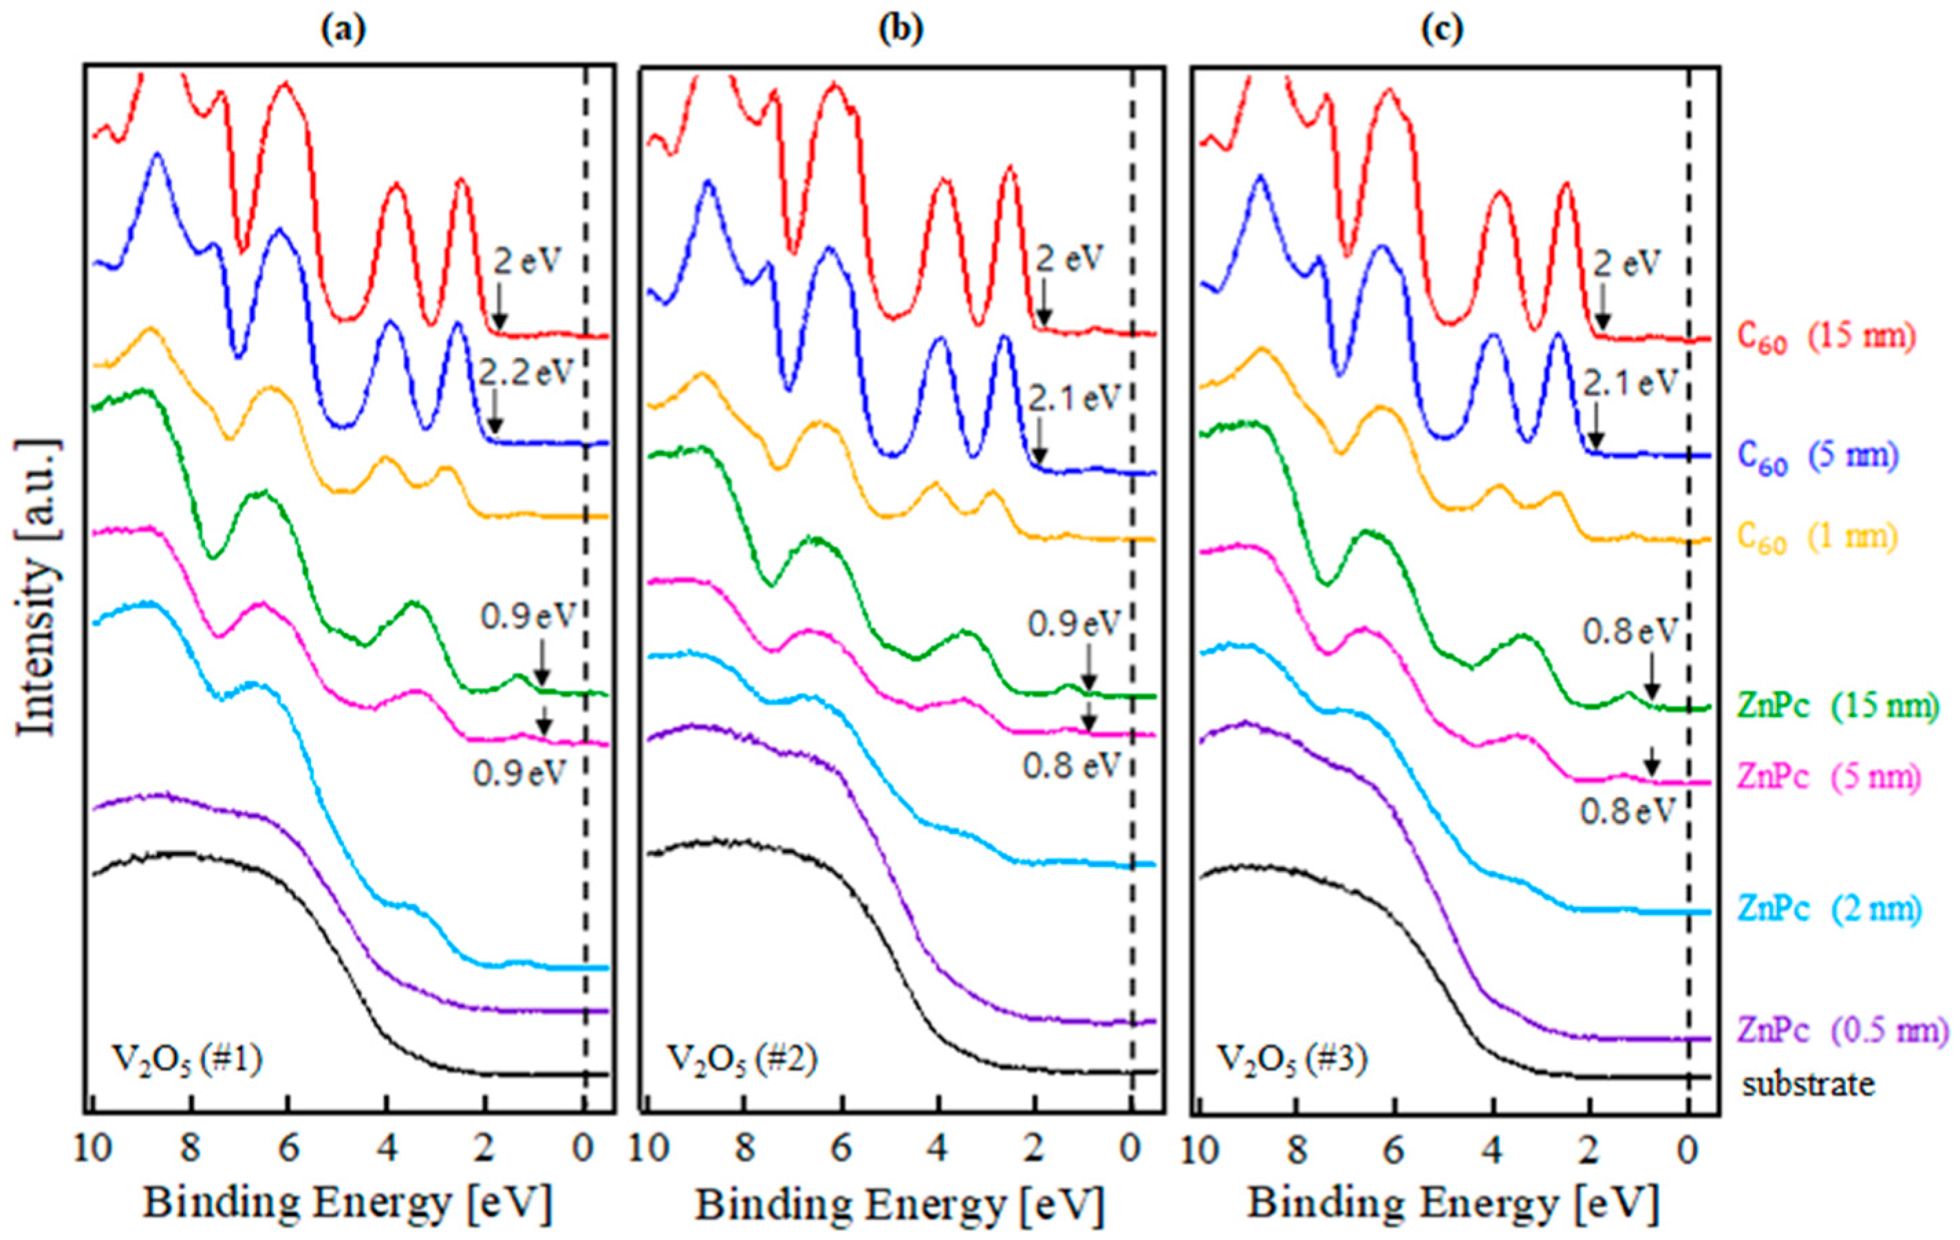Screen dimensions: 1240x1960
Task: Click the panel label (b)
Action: (901, 30)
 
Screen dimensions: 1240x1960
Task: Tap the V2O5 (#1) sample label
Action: (186, 1063)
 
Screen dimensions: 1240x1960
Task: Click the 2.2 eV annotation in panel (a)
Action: (526, 372)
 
